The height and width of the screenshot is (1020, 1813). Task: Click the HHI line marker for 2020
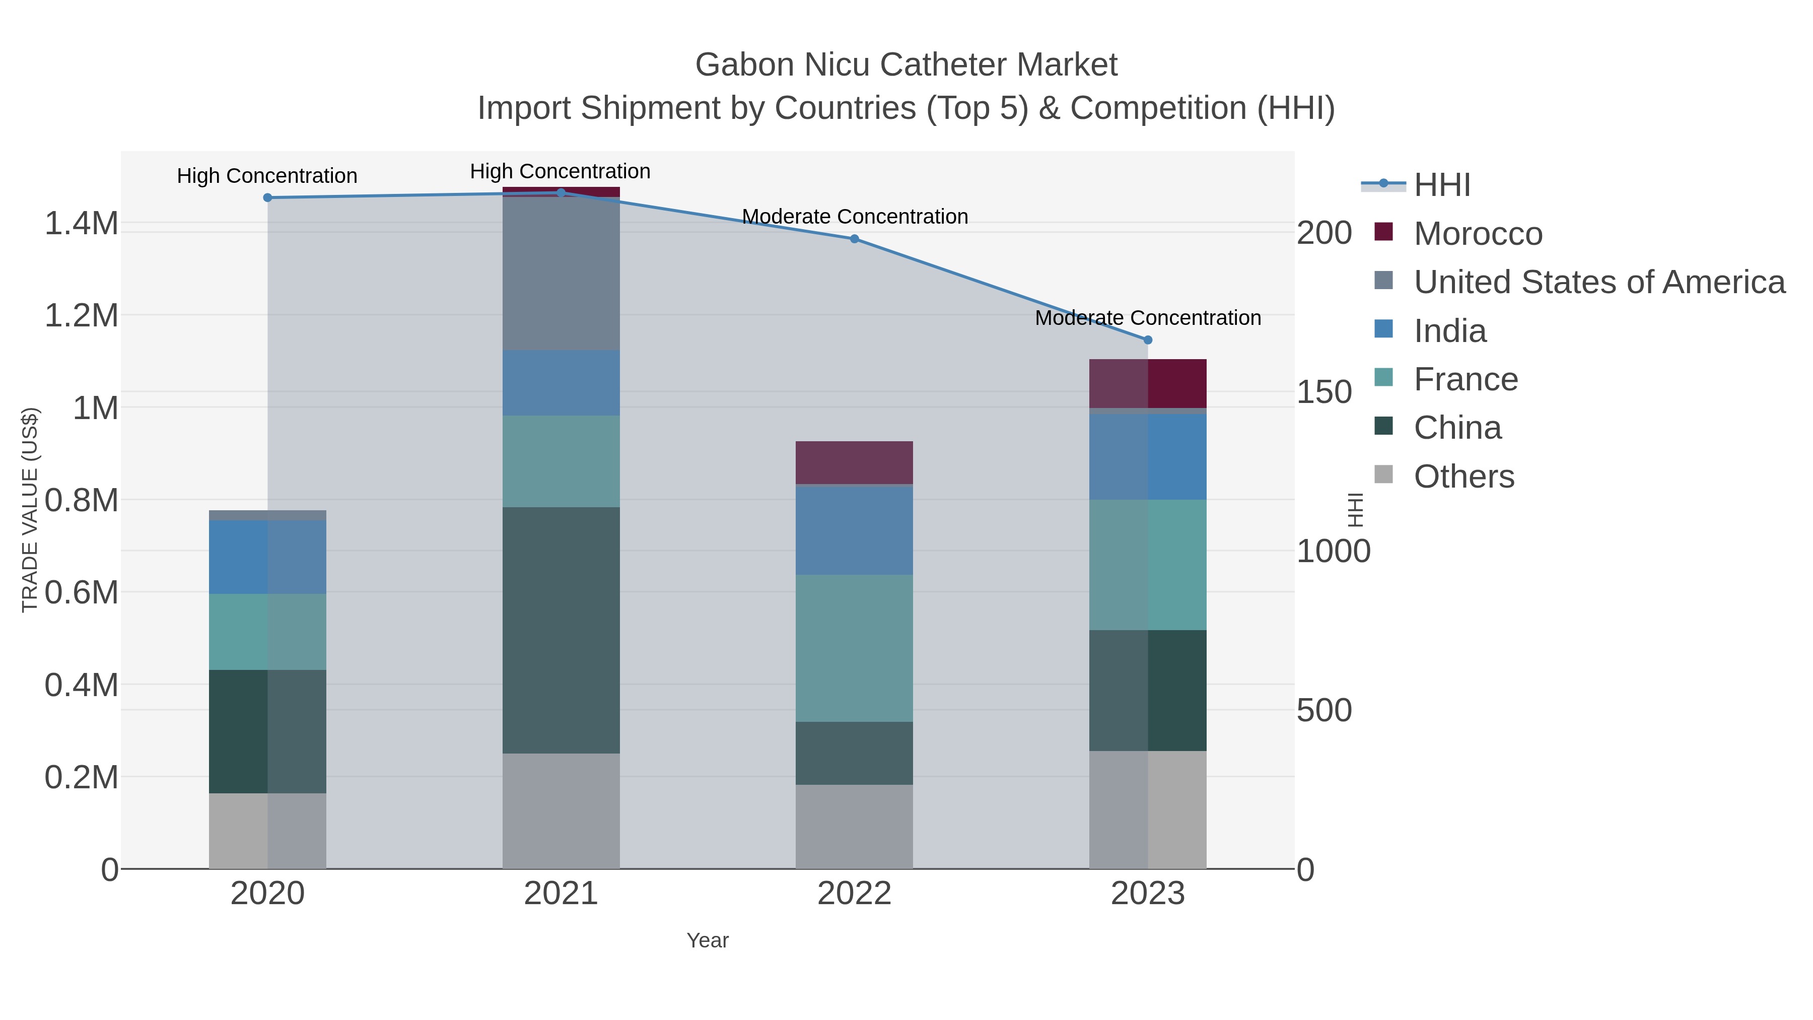267,198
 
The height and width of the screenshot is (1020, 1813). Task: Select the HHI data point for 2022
855,239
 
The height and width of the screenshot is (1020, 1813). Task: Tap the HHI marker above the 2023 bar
1148,340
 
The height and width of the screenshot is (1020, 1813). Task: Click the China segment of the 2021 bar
561,630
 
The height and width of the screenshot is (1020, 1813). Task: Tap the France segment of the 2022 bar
855,648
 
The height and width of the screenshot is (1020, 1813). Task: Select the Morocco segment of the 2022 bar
855,462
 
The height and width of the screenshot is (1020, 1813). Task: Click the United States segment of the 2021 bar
561,274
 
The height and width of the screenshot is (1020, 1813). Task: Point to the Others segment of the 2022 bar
855,827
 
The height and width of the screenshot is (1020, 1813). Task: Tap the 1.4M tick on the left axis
82,224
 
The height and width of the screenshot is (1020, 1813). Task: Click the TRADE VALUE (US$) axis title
30,510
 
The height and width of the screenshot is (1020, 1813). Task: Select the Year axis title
708,940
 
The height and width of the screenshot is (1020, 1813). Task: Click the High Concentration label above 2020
267,176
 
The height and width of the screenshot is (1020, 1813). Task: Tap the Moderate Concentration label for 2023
1148,318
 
